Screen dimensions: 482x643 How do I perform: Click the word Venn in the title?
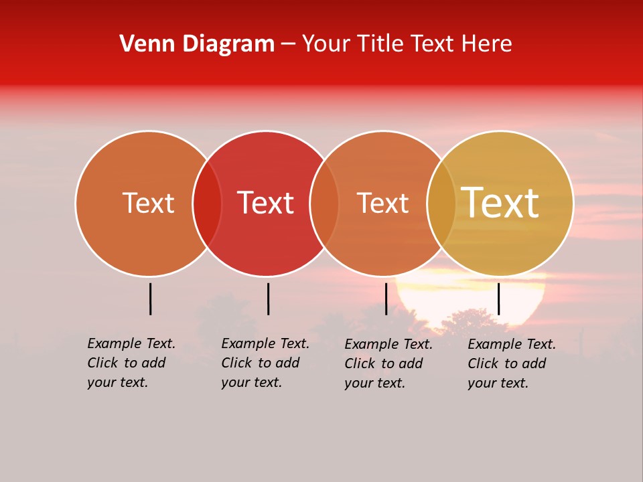click(x=139, y=44)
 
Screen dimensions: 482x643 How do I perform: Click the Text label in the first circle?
click(x=148, y=204)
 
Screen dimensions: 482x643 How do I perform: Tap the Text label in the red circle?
click(x=265, y=204)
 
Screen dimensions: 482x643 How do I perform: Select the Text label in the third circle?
click(x=382, y=204)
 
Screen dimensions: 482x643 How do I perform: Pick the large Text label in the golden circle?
click(x=500, y=203)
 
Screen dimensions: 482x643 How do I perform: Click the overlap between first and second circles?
click(x=207, y=204)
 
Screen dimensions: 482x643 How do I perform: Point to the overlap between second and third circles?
click(x=324, y=204)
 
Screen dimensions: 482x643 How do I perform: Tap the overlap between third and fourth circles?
click(x=441, y=204)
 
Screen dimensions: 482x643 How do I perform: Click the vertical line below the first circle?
click(x=151, y=299)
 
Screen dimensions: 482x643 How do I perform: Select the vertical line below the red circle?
click(x=268, y=299)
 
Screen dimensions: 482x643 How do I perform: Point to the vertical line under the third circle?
click(x=386, y=299)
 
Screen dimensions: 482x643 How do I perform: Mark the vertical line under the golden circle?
click(x=498, y=299)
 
